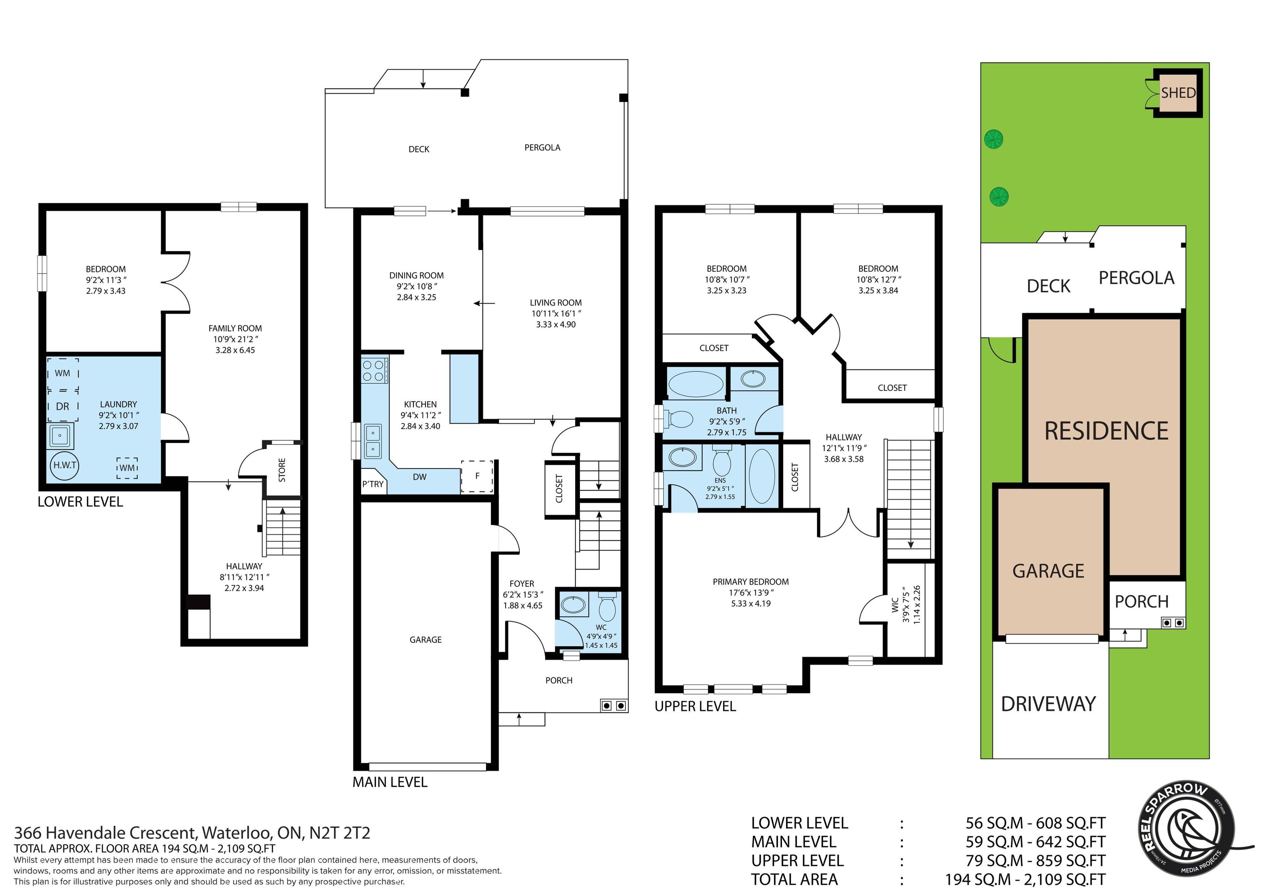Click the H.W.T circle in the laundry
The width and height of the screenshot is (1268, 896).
pyautogui.click(x=65, y=465)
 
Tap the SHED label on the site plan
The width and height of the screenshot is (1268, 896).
pyautogui.click(x=1178, y=93)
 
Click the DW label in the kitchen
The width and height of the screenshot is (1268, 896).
pyautogui.click(x=420, y=477)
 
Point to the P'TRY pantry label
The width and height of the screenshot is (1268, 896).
pyautogui.click(x=373, y=484)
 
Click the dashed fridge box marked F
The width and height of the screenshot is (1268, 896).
pyautogui.click(x=476, y=476)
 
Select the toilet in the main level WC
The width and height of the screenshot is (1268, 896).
pyautogui.click(x=607, y=607)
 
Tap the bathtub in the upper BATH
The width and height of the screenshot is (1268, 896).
pyautogui.click(x=695, y=383)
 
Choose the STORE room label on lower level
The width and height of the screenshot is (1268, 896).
pyautogui.click(x=282, y=470)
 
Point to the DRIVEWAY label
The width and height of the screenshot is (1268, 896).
pyautogui.click(x=1048, y=704)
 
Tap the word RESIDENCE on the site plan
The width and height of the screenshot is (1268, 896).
pyautogui.click(x=1106, y=431)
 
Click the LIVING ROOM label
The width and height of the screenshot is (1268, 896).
pyautogui.click(x=556, y=303)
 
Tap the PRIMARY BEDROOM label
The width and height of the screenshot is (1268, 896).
pyautogui.click(x=751, y=582)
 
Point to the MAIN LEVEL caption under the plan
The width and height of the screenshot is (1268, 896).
pyautogui.click(x=390, y=782)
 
